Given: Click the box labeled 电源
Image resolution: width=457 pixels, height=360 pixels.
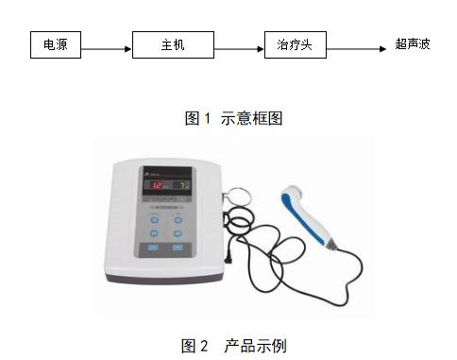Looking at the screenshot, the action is pyautogui.click(x=56, y=44).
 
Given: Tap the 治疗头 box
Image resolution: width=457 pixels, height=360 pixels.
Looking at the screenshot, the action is pyautogui.click(x=295, y=44).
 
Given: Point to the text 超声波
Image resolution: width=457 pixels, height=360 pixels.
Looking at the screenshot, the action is pyautogui.click(x=413, y=44).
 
